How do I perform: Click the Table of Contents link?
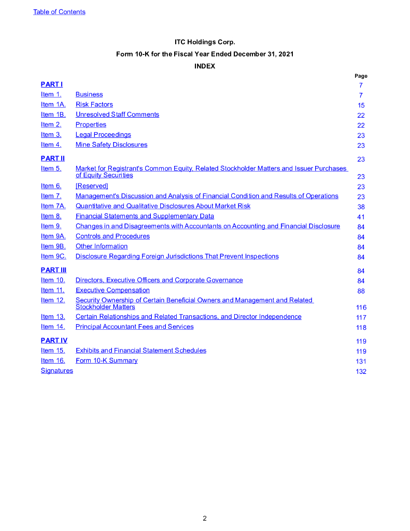tap(59, 12)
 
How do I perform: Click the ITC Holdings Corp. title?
tap(205, 41)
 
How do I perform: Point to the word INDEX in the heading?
tap(205, 66)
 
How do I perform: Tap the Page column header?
tap(361, 76)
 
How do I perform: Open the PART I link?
tap(52, 84)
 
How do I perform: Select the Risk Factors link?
tap(94, 105)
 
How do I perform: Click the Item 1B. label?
tap(53, 115)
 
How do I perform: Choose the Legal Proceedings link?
tap(103, 135)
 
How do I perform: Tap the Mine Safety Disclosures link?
tap(111, 145)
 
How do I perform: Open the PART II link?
tap(53, 158)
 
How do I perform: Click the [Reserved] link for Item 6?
tap(92, 186)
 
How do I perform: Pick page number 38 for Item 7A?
tap(361, 207)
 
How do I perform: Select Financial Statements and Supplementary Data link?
tap(145, 216)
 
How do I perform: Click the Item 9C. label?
tap(53, 256)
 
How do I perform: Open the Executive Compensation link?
tap(112, 290)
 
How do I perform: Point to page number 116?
tap(361, 308)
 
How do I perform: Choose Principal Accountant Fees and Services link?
tap(134, 327)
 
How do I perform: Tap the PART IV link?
tap(54, 341)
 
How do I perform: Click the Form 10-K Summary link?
tap(106, 360)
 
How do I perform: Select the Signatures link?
tap(57, 371)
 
